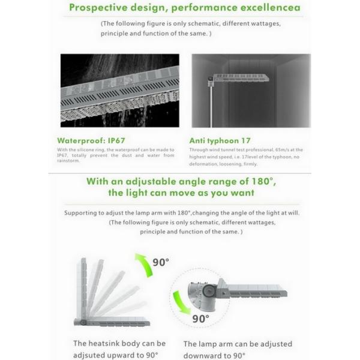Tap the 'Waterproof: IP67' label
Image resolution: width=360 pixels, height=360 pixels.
click(x=95, y=139)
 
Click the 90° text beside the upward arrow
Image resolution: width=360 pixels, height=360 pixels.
click(x=161, y=263)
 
